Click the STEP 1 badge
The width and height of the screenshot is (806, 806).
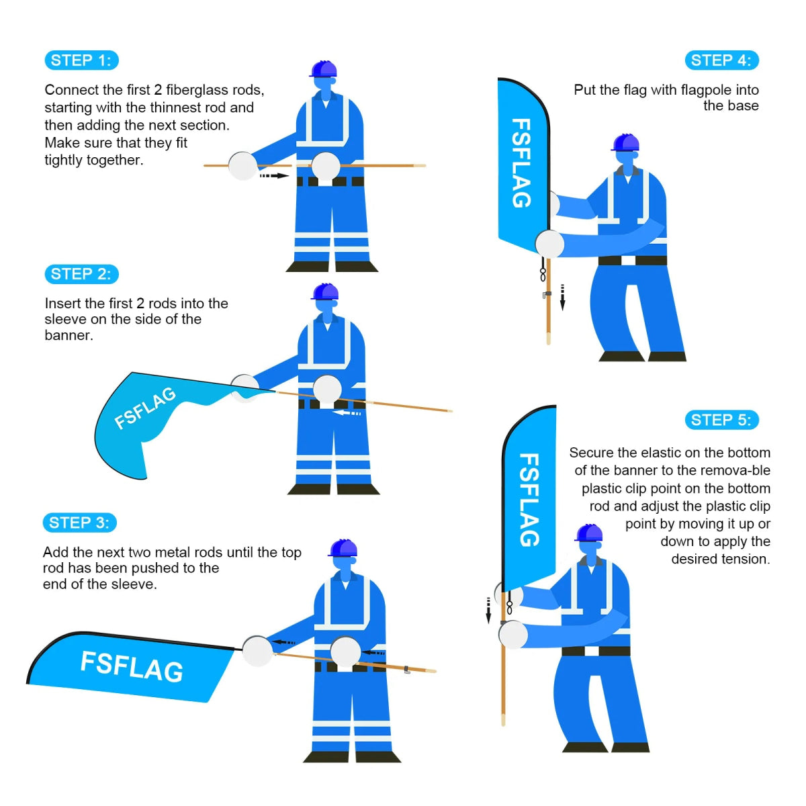tap(81, 60)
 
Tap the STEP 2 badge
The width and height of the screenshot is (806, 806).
tap(81, 274)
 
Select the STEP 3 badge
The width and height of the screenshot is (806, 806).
tap(79, 523)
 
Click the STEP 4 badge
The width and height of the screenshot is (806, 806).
tap(721, 60)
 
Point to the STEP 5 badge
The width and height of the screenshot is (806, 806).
tap(721, 420)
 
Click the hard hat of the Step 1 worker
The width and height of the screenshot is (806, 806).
tap(324, 69)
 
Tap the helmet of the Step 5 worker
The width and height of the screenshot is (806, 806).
tap(589, 533)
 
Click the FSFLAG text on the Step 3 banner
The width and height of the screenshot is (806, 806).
tap(132, 667)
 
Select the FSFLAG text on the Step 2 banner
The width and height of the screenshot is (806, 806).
tap(144, 408)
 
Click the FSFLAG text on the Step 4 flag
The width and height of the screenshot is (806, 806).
tap(521, 163)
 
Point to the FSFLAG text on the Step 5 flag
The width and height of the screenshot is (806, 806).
tap(529, 500)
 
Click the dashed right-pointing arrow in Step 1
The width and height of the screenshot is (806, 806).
tap(273, 176)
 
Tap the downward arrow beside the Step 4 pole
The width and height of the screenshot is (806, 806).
tap(563, 297)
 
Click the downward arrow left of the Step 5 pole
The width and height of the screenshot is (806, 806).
tap(488, 610)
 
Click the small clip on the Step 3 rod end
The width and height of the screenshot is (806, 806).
tap(407, 670)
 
